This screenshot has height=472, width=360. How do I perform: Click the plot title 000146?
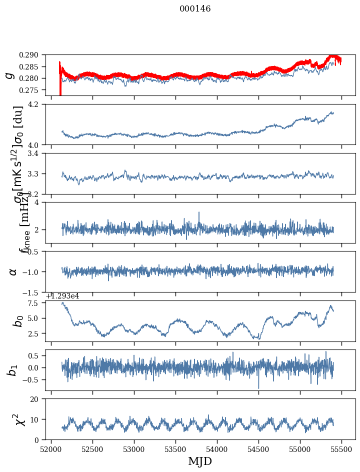pos(195,9)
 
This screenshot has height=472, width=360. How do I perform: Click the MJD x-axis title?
pos(200,461)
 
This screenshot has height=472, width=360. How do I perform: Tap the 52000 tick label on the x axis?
pos(51,449)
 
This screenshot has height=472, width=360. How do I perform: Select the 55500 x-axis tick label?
pos(342,449)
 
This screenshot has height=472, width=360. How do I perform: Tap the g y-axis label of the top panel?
pos(9,75)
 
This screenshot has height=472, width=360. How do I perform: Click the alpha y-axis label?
pos(13,271)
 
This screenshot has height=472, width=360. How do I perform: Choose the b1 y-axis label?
pos(13,370)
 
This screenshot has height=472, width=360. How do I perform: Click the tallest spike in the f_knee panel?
pos(199,212)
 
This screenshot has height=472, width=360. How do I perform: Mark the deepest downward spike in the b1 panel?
pos(258,388)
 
